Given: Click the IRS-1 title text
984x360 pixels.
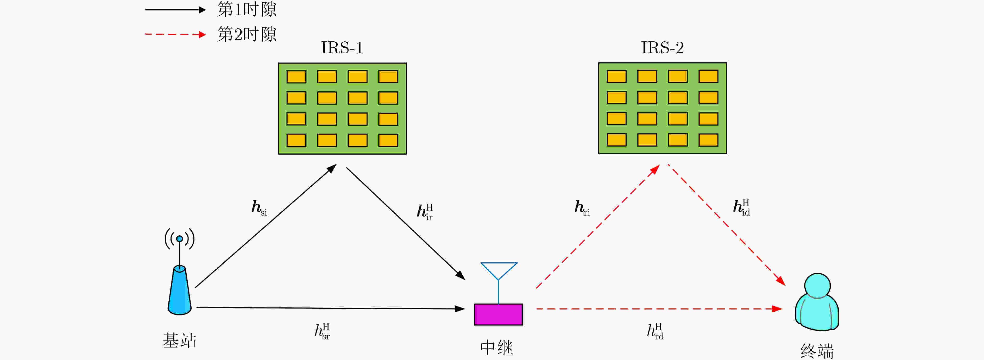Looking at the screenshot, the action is click(x=342, y=48).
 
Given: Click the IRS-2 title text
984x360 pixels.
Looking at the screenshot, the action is click(x=662, y=48).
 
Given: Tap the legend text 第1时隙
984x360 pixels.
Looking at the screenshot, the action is click(x=247, y=9).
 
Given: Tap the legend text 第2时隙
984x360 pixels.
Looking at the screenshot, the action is click(x=247, y=34).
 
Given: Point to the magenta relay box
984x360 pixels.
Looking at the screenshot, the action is click(x=498, y=314).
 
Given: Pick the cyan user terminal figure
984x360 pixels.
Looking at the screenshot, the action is click(x=817, y=302).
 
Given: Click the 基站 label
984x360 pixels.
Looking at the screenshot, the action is click(x=179, y=340).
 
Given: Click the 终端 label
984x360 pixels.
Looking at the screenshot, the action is click(x=817, y=351).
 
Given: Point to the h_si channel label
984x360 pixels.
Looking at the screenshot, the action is click(x=259, y=207).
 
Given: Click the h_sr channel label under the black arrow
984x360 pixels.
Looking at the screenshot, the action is click(x=322, y=331).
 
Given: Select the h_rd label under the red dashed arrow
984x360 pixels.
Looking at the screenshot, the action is click(x=655, y=331).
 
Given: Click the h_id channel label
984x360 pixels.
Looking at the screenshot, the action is click(x=741, y=207).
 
